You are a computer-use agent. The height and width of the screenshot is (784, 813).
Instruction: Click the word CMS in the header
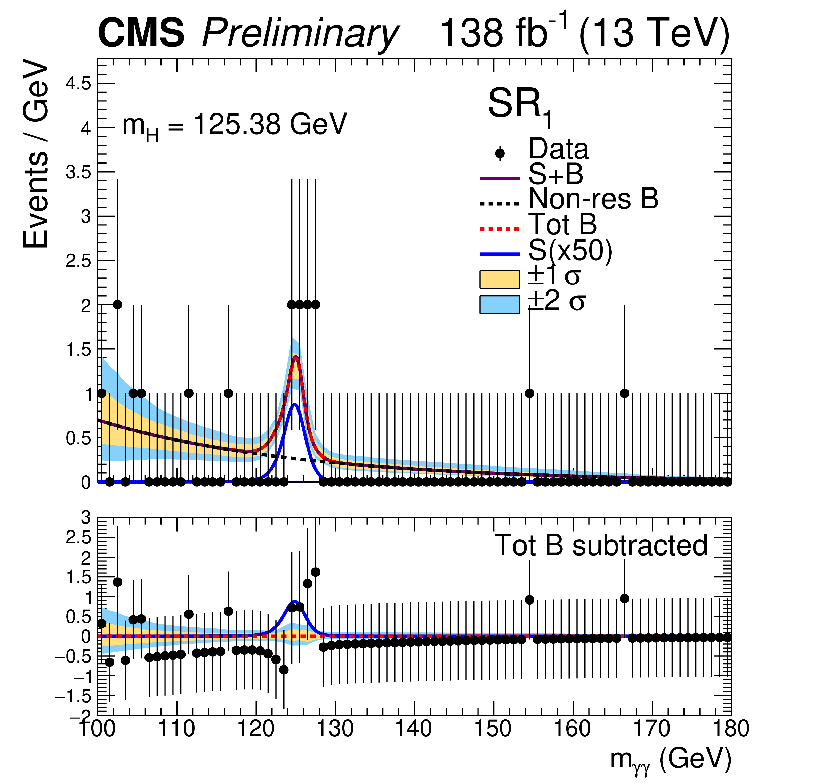141,33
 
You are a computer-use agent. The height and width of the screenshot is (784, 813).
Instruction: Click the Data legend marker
500,153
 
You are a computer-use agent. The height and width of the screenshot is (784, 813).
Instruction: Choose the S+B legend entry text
556,174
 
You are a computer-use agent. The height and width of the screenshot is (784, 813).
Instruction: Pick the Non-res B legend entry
593,199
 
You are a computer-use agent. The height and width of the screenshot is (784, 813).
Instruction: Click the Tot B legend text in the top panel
562,225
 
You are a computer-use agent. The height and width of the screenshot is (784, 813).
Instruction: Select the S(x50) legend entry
570,250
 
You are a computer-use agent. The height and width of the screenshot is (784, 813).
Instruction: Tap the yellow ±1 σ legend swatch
500,279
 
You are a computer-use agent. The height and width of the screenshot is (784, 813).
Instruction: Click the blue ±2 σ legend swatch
500,304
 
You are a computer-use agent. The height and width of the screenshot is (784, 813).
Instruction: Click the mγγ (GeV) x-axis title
670,760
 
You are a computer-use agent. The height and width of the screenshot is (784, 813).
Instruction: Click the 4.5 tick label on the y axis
78,84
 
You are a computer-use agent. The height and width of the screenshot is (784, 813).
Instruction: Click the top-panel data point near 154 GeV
529,393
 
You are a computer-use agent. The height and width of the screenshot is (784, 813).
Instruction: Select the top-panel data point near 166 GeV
624,393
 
